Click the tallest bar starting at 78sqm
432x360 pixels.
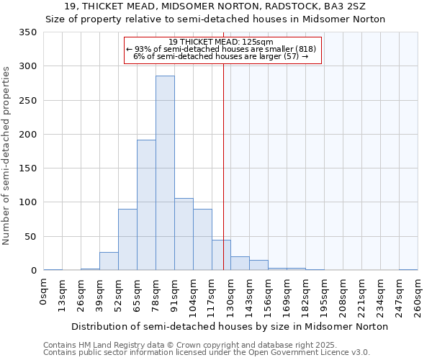(x=165, y=173)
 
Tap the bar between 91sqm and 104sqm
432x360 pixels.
(x=184, y=234)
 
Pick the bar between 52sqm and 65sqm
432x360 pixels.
(x=127, y=240)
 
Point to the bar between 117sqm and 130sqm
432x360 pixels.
(x=221, y=256)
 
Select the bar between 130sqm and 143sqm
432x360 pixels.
(x=240, y=264)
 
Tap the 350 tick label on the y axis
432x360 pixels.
(x=28, y=32)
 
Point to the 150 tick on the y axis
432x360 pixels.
(x=28, y=168)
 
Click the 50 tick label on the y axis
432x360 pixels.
(x=31, y=236)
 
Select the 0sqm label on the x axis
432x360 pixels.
(x=44, y=292)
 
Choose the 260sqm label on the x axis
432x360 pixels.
(x=418, y=295)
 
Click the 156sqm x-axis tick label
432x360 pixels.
(x=269, y=295)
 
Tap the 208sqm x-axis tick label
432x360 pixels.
(x=343, y=295)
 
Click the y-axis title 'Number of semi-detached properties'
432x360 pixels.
(x=6, y=155)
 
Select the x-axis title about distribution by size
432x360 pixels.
(x=230, y=326)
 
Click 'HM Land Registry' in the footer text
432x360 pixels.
(x=108, y=346)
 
